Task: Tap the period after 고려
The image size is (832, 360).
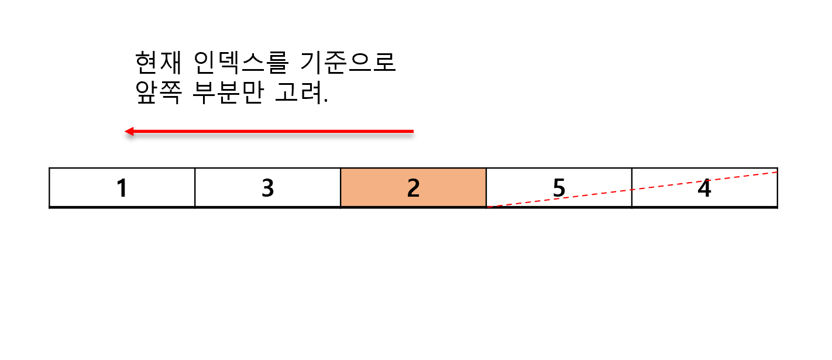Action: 325,101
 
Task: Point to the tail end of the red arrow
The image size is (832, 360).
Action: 412,131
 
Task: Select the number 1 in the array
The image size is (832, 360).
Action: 122,188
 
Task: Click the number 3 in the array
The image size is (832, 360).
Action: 267,188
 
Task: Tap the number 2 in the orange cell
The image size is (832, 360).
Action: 413,188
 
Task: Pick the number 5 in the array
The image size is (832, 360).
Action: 559,188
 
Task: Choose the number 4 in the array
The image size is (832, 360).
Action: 704,188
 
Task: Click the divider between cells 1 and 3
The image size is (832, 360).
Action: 195,187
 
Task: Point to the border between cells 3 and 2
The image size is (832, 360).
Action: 341,187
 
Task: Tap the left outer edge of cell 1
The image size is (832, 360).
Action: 49,187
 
